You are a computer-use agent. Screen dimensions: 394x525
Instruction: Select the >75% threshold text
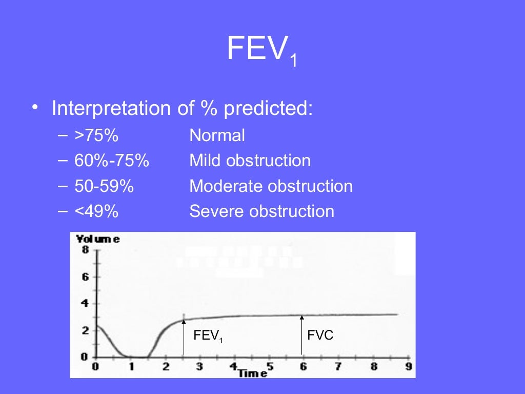point(96,136)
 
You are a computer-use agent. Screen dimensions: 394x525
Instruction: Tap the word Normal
point(217,136)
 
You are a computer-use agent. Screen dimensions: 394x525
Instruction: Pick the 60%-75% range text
point(111,161)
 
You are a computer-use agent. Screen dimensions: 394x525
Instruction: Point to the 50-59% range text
point(104,186)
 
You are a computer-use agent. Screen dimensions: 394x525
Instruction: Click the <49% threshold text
point(96,211)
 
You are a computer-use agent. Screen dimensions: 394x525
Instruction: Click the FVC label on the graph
point(320,336)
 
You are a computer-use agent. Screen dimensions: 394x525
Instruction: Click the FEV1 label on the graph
point(208,336)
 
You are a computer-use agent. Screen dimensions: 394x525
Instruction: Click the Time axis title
point(252,373)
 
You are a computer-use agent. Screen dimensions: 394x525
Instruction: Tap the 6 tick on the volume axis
point(85,277)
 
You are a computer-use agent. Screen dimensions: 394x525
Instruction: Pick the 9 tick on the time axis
point(409,367)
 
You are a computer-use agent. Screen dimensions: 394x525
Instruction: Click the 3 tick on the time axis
point(199,367)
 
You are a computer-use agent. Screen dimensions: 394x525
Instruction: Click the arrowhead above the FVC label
point(302,317)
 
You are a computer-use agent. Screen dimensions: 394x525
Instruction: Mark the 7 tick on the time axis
point(338,367)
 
